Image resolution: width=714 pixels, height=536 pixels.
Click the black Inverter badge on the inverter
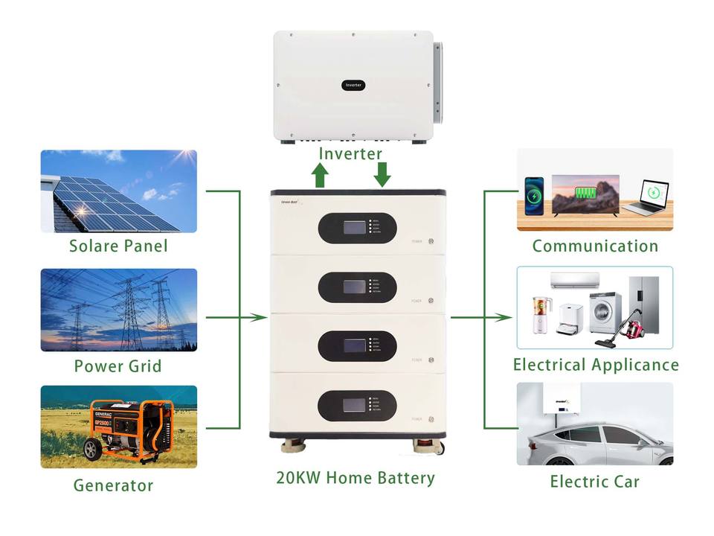click(x=354, y=86)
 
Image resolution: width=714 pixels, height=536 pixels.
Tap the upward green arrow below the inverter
click(x=320, y=176)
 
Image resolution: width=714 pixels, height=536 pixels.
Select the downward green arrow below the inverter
click(x=382, y=174)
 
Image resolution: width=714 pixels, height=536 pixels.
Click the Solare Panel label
click(x=118, y=246)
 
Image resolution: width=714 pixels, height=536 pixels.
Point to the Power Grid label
click(x=118, y=366)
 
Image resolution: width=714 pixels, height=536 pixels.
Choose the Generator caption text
click(x=113, y=486)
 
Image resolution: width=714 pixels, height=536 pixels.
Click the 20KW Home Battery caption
click(x=355, y=478)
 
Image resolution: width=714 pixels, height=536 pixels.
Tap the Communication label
click(x=595, y=246)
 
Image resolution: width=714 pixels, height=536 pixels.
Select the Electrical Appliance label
click(x=596, y=365)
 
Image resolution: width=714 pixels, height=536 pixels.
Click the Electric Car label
click(x=594, y=482)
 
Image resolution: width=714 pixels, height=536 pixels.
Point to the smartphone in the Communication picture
click(x=534, y=194)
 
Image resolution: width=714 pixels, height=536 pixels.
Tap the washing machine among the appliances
click(x=605, y=313)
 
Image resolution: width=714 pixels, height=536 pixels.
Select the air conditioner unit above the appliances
click(x=574, y=280)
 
